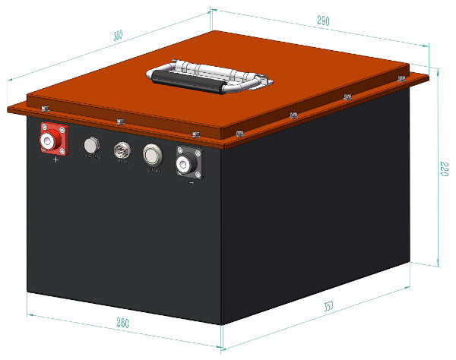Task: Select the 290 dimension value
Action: point(322,22)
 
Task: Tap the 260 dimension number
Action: point(122,324)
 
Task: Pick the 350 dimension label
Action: point(328,307)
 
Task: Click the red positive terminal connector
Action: point(52,141)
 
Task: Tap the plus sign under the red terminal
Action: point(55,160)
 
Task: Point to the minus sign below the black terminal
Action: point(191,182)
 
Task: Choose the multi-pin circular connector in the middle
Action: point(122,150)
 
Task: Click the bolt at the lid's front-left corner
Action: point(44,110)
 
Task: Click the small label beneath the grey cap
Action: point(93,157)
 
